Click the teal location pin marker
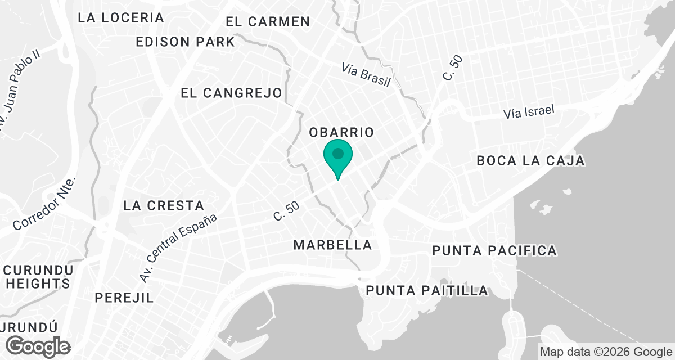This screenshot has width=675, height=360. point(337,156)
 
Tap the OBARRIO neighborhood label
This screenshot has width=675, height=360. point(341,133)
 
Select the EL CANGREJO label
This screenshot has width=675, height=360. point(231,93)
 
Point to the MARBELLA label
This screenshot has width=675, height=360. point(332,245)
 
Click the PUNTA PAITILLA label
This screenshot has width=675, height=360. point(427,291)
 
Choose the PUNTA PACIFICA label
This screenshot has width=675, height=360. point(494,250)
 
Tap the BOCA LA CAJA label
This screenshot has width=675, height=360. point(530,161)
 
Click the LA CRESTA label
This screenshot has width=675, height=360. point(164,205)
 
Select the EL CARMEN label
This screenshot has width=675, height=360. point(268,22)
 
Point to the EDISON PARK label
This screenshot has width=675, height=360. point(185,42)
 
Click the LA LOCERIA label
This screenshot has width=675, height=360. point(121,17)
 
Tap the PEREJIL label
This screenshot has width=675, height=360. point(124,298)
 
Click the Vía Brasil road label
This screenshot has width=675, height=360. point(366,75)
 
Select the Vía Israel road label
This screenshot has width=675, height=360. point(529,111)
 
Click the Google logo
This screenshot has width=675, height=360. point(39,346)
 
